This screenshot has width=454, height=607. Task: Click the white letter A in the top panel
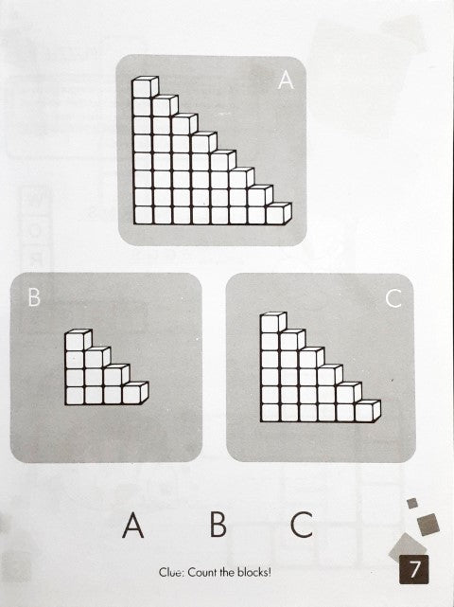[286, 80]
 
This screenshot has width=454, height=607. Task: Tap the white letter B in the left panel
[34, 297]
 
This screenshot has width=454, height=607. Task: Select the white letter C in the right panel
[393, 298]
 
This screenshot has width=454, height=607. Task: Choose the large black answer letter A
[133, 525]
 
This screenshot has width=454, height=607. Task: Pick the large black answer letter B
[218, 525]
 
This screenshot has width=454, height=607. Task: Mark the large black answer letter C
[302, 525]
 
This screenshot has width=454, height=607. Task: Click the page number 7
[414, 569]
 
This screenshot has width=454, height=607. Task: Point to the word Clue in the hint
[170, 572]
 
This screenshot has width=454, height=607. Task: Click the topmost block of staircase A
[145, 87]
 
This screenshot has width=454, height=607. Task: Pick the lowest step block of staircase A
[278, 213]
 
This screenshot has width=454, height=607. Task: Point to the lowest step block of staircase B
[135, 393]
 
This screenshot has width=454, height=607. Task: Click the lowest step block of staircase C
[368, 411]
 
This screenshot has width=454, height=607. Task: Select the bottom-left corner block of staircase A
[142, 215]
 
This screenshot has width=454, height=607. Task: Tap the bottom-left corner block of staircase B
[75, 396]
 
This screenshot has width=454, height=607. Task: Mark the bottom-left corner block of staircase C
[271, 413]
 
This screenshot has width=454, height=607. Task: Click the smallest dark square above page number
[412, 503]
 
